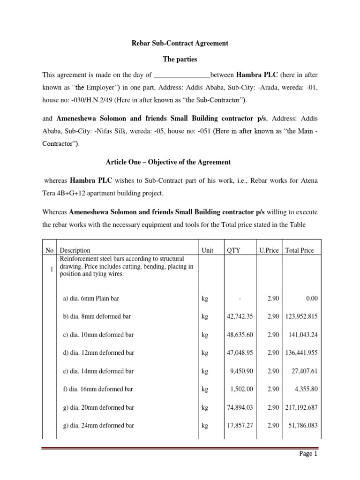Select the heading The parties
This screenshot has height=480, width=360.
(x=180, y=60)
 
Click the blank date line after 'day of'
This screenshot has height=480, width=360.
(x=182, y=75)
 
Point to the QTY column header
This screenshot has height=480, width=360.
(x=233, y=250)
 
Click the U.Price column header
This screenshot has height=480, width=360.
(x=270, y=250)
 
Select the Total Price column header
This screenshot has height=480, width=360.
(x=299, y=250)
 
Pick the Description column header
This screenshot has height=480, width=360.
(x=75, y=250)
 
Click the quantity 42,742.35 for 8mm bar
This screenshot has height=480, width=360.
(x=240, y=316)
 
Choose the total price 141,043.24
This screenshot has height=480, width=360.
(x=301, y=335)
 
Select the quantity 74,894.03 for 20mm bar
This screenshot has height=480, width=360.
(x=240, y=407)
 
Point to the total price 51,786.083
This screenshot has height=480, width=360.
(x=301, y=426)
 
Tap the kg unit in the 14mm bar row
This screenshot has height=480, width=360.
(x=204, y=371)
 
